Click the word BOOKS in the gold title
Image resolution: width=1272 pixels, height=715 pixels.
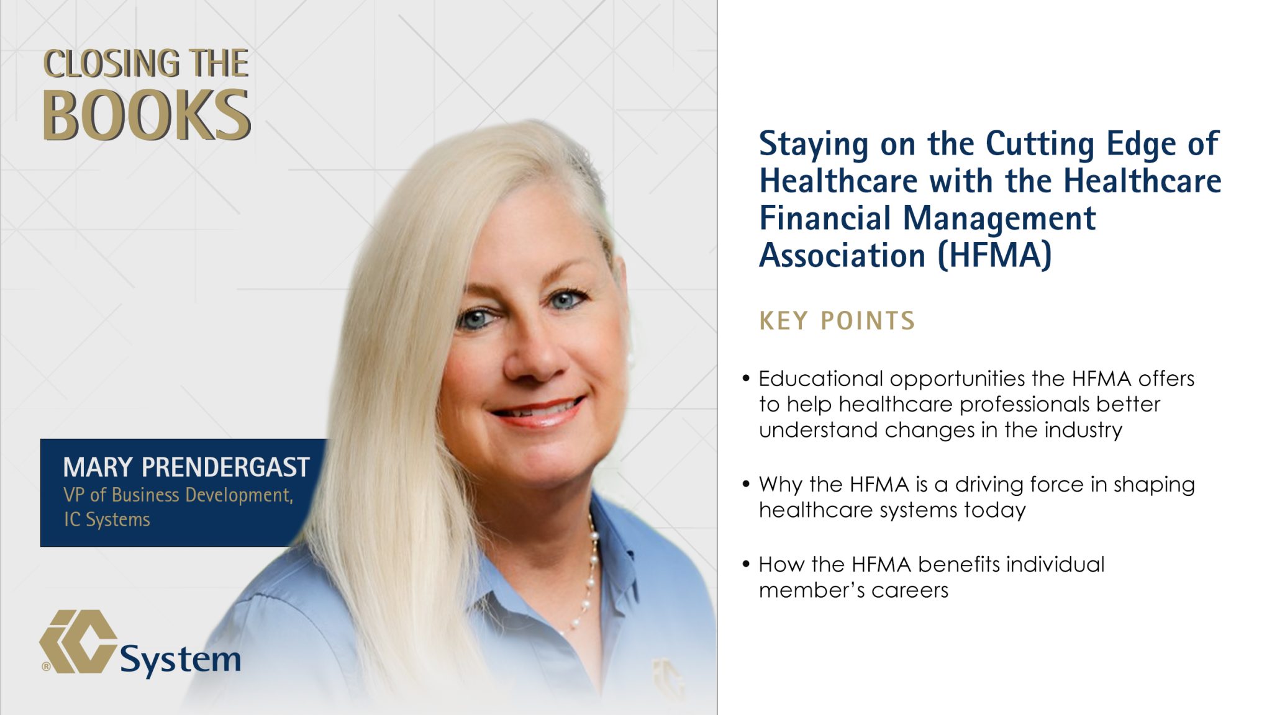tap(146, 115)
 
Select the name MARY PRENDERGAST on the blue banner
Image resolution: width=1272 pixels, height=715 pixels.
tap(186, 467)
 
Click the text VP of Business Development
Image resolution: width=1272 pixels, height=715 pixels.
tap(178, 495)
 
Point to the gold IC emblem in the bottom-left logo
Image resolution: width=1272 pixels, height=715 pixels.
tap(78, 642)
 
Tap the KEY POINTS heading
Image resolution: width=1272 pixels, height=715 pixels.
tap(837, 321)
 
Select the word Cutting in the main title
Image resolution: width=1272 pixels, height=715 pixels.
tap(1040, 144)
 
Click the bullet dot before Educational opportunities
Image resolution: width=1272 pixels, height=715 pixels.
tap(746, 379)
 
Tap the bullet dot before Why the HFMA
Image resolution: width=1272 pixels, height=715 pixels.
tap(746, 484)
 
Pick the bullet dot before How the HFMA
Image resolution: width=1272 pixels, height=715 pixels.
tap(746, 564)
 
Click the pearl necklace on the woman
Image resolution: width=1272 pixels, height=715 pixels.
tap(589, 571)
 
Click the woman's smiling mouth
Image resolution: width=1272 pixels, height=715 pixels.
tap(538, 411)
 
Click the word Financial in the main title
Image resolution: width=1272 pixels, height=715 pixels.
tap(825, 218)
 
